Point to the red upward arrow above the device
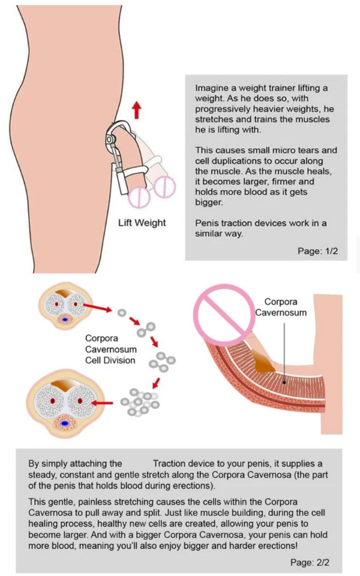point(137,109)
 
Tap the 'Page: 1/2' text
point(317,251)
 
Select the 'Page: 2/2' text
point(310,563)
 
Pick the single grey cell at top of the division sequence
point(122,313)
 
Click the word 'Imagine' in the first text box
point(211,88)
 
